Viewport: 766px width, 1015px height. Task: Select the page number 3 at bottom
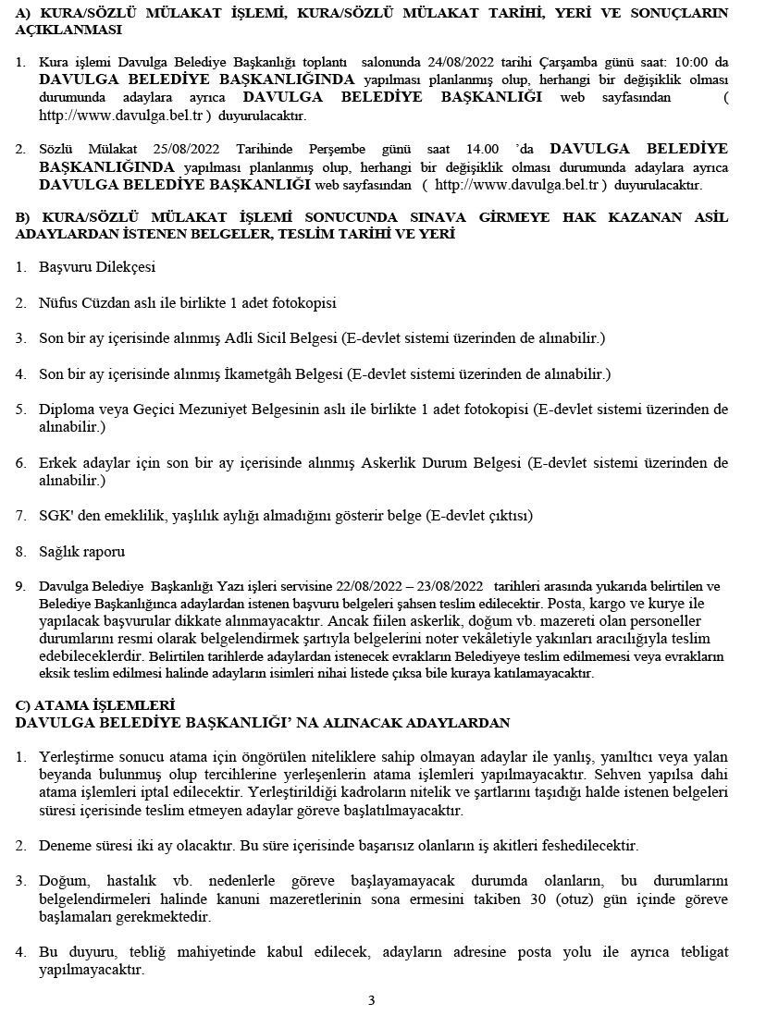tap(371, 1000)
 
